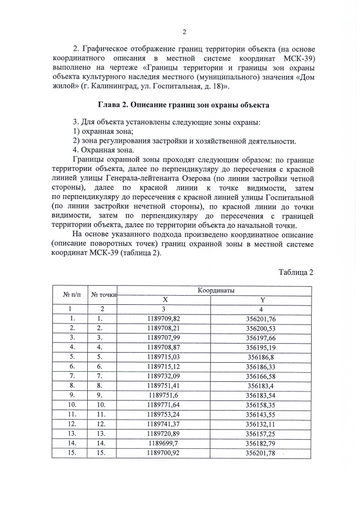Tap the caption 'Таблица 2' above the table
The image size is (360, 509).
pyautogui.click(x=296, y=272)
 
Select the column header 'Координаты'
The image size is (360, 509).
pyautogui.click(x=216, y=290)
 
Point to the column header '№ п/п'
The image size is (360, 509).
pyautogui.click(x=70, y=295)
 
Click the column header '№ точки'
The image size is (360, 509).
pyautogui.click(x=103, y=295)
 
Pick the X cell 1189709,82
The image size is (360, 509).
pyautogui.click(x=163, y=318)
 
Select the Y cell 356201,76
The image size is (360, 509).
pyautogui.click(x=261, y=318)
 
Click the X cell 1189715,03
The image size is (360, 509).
pyautogui.click(x=163, y=357)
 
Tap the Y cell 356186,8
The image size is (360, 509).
pyautogui.click(x=261, y=357)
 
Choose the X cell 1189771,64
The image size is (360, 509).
pyautogui.click(x=163, y=404)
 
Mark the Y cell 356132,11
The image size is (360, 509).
pyautogui.click(x=261, y=424)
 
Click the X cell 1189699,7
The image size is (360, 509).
pyautogui.click(x=163, y=443)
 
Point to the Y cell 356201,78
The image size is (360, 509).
pyautogui.click(x=261, y=452)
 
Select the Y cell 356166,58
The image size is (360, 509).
pyautogui.click(x=261, y=376)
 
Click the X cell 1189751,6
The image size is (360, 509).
pyautogui.click(x=163, y=395)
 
